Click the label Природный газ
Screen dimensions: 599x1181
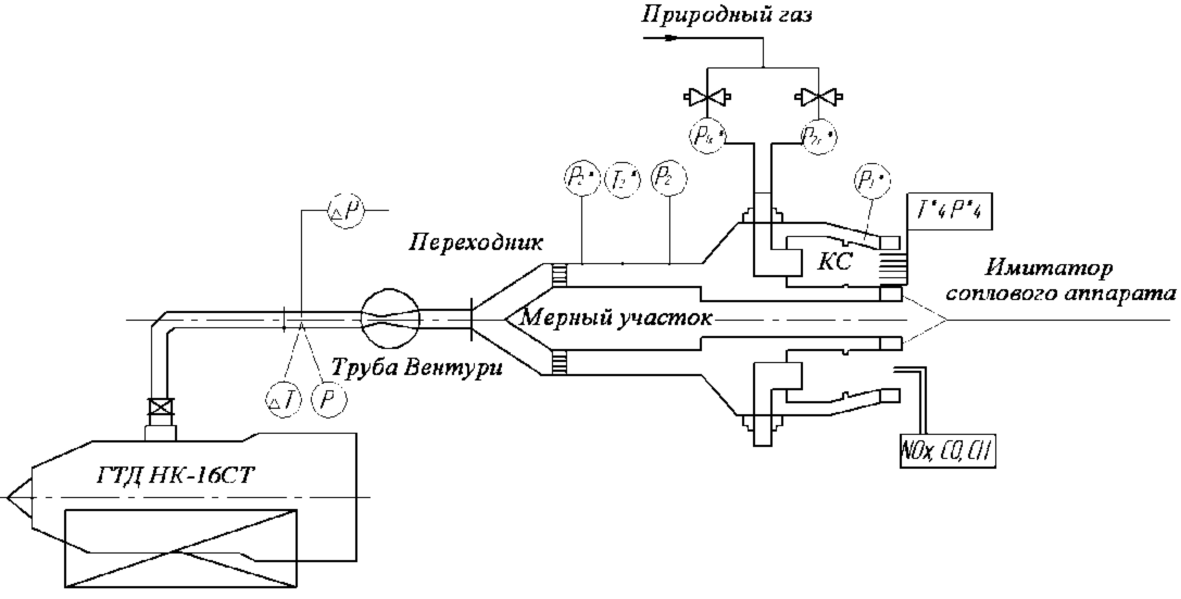(727, 15)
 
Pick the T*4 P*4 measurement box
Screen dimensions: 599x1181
(950, 212)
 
